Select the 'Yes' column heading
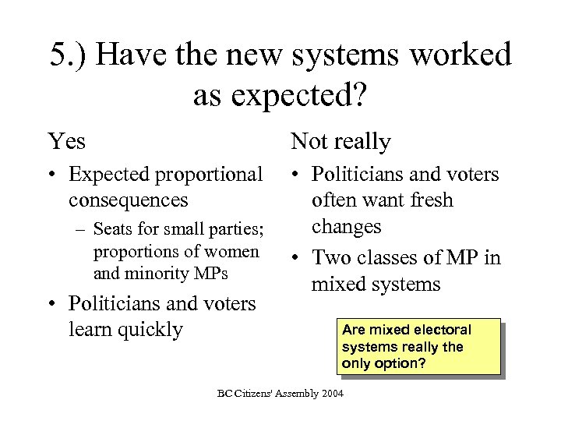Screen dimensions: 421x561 tap(67, 142)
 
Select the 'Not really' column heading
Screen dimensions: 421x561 tap(340, 142)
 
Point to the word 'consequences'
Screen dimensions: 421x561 tap(129, 200)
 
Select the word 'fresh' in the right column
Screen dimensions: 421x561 tap(426, 201)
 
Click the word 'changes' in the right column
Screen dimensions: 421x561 tap(347, 226)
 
